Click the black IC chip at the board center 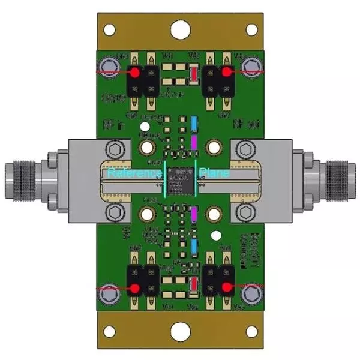click(180, 179)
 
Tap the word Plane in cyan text click(212, 173)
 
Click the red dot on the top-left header click(135, 72)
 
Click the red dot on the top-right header click(227, 72)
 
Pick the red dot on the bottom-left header click(135, 288)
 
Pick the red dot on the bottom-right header click(227, 288)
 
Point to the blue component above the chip click(194, 122)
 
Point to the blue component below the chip click(194, 247)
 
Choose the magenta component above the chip click(194, 142)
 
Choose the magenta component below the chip click(194, 213)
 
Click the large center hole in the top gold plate click(180, 29)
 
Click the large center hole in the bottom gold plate click(180, 331)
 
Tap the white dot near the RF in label click(144, 127)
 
